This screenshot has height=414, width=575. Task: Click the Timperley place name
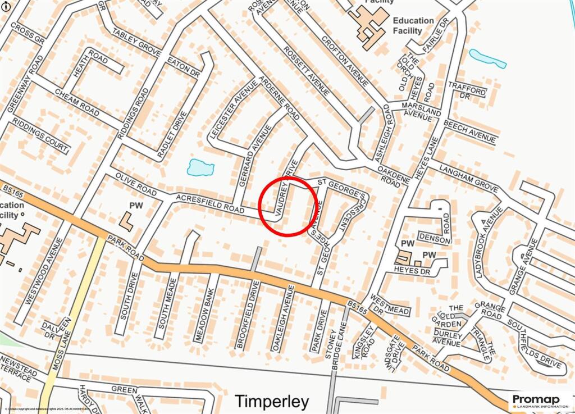point(271,402)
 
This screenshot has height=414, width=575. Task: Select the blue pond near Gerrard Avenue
point(200,167)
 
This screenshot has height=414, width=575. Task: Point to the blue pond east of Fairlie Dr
point(487,58)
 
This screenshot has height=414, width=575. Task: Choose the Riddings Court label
point(40,135)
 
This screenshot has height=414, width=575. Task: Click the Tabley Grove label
point(136,42)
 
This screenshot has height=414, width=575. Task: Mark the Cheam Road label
point(76,101)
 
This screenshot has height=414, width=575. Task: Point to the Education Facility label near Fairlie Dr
point(413,25)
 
